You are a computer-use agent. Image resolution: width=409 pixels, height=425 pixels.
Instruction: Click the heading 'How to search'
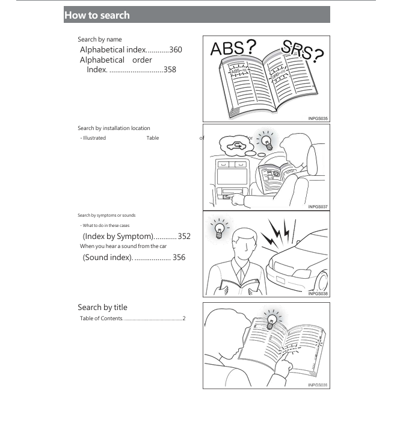click(x=97, y=15)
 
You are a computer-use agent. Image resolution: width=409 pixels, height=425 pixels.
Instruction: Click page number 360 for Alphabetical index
click(x=176, y=50)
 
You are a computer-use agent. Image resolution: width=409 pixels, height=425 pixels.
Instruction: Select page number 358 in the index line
click(x=170, y=70)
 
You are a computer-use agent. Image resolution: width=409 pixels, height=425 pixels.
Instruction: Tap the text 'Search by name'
click(x=99, y=40)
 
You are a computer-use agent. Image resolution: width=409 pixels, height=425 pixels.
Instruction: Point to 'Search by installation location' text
click(x=114, y=128)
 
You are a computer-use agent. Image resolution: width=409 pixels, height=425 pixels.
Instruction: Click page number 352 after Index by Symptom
click(x=183, y=237)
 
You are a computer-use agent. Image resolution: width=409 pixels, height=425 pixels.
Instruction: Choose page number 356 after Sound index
click(x=179, y=258)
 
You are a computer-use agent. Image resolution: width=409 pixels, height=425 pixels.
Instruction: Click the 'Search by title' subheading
click(x=102, y=308)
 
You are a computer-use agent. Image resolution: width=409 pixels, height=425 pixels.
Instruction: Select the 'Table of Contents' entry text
click(x=101, y=318)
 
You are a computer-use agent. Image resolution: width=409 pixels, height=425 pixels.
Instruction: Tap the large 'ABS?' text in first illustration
click(x=233, y=48)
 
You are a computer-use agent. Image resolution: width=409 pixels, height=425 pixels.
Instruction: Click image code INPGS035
click(x=318, y=119)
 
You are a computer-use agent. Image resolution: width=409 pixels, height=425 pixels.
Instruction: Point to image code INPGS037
click(x=318, y=206)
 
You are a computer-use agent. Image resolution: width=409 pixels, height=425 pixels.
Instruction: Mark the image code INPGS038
click(x=318, y=294)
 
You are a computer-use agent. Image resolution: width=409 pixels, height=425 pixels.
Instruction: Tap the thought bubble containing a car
click(x=234, y=144)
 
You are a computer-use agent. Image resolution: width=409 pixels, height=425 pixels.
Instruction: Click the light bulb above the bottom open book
click(x=272, y=320)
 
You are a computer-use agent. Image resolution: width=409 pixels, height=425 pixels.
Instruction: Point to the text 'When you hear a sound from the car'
click(x=123, y=246)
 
